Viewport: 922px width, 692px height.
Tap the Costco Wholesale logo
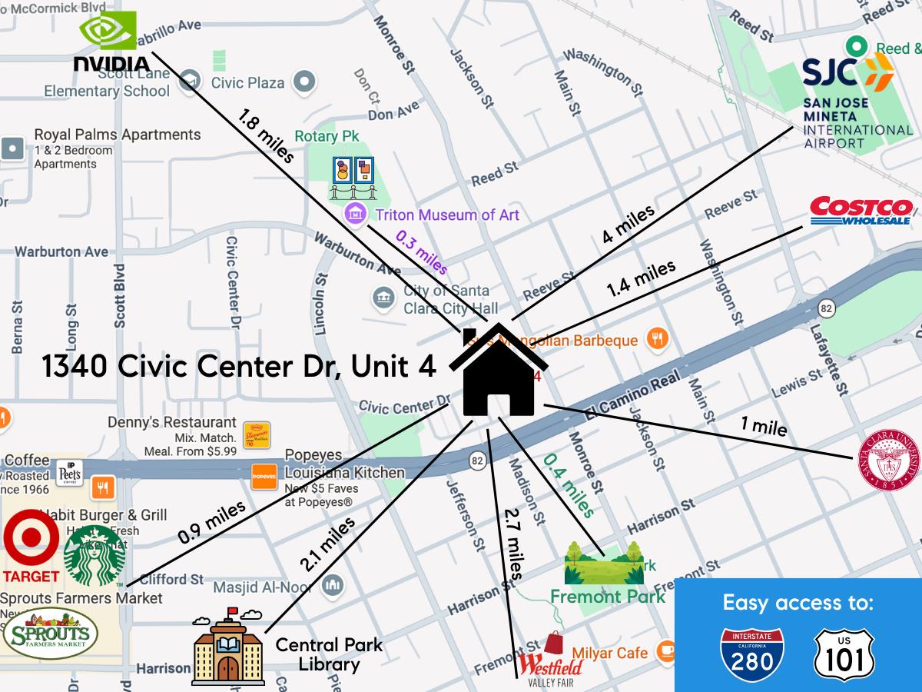point(861,211)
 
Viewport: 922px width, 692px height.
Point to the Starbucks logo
point(94,556)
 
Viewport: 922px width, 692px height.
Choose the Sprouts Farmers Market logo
point(50,635)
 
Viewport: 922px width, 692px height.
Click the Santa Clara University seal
point(888,460)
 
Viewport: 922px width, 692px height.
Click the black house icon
point(499,372)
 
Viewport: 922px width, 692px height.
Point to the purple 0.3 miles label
point(421,252)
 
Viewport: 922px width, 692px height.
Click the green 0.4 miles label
point(569,486)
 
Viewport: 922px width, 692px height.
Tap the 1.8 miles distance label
point(266,137)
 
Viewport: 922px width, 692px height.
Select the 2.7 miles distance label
point(512,544)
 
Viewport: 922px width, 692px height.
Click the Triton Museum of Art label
point(446,215)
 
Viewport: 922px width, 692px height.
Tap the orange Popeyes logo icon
point(264,477)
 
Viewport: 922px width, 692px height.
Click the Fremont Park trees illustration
point(604,563)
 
